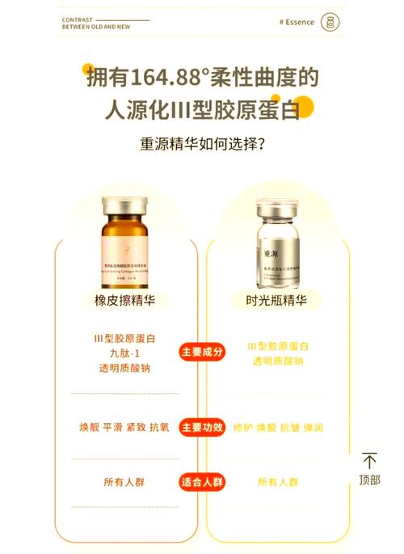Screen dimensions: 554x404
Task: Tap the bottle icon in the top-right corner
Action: pos(328,22)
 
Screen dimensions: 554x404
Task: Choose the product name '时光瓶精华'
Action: pos(276,301)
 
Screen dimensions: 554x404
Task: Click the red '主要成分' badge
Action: pos(201,353)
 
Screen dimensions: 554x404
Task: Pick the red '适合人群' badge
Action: pos(201,482)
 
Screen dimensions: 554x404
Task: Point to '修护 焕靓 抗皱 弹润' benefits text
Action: pos(277,427)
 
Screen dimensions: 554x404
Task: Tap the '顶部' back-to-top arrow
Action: pos(369,470)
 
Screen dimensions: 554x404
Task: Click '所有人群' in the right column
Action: pos(277,482)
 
